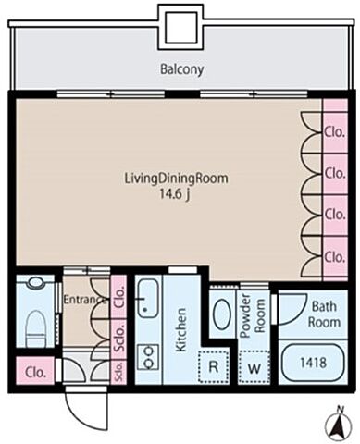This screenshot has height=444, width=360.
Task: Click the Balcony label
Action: [x=181, y=69]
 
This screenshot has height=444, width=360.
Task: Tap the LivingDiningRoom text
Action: [x=176, y=179]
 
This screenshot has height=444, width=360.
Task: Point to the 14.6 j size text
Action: [x=174, y=194]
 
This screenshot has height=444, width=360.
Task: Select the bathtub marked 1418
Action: [x=313, y=363]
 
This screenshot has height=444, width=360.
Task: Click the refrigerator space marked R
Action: [x=214, y=366]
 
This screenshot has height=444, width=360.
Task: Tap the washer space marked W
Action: [x=254, y=367]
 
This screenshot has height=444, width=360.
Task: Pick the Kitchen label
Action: [x=180, y=329]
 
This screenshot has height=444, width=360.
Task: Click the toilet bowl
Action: [x=34, y=327]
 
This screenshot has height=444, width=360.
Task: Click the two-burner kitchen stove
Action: [x=148, y=357]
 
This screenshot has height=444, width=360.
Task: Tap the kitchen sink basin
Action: [x=148, y=299]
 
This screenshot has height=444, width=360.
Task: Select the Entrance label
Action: [x=82, y=299]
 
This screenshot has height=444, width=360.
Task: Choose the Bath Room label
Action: [x=324, y=314]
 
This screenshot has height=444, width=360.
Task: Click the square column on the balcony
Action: [x=181, y=27]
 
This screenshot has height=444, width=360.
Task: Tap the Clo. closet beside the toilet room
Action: [x=35, y=372]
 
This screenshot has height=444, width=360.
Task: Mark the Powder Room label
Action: [x=253, y=315]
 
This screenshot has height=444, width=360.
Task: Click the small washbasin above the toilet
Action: [x=35, y=283]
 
